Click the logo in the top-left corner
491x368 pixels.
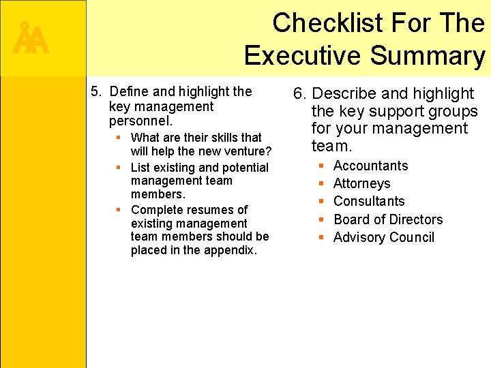[30, 38]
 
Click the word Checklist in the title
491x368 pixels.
[322, 23]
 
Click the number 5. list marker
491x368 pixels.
[95, 91]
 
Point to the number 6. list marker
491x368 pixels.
[299, 93]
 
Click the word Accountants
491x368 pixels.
[370, 166]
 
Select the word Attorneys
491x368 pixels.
[361, 183]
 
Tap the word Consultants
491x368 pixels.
[369, 201]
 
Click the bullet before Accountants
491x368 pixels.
[322, 166]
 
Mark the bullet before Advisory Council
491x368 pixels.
[322, 237]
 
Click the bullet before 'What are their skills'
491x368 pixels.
[118, 138]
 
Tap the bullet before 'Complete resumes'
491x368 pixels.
[118, 210]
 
